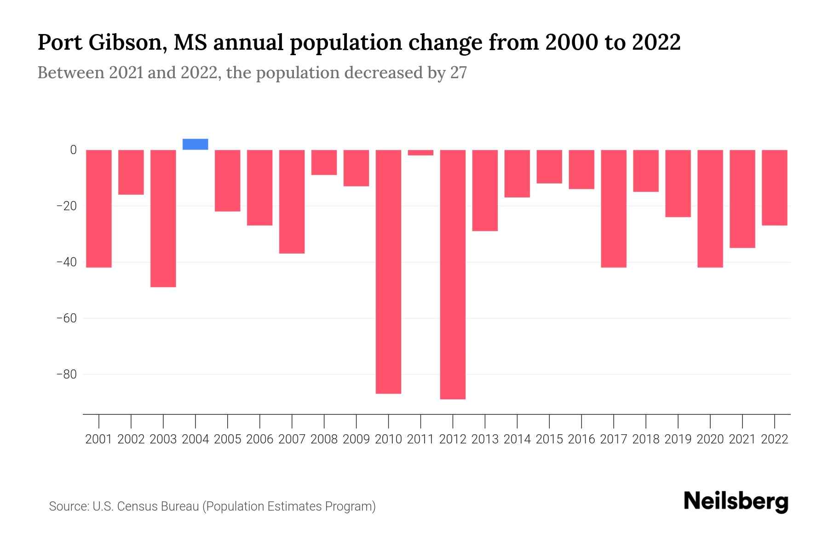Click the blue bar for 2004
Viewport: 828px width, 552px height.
tap(195, 144)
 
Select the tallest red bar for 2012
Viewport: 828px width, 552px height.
tap(453, 274)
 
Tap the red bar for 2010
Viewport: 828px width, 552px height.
tap(388, 271)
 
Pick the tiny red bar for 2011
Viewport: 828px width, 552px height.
tap(420, 153)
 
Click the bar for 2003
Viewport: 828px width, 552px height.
tap(163, 218)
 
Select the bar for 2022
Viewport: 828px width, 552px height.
tap(775, 188)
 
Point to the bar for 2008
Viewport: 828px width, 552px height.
tap(324, 162)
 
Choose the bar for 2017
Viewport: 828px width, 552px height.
tap(614, 208)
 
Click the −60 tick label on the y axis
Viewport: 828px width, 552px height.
tap(66, 318)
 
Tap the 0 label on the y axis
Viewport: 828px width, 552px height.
tap(73, 150)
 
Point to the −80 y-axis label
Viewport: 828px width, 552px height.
tap(66, 374)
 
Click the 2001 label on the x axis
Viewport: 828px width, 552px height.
tap(99, 439)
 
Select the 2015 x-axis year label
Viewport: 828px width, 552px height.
tap(549, 439)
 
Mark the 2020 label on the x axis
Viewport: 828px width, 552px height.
tap(710, 439)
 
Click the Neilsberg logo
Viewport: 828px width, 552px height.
tap(736, 502)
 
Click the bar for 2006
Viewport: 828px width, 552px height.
tap(259, 188)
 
